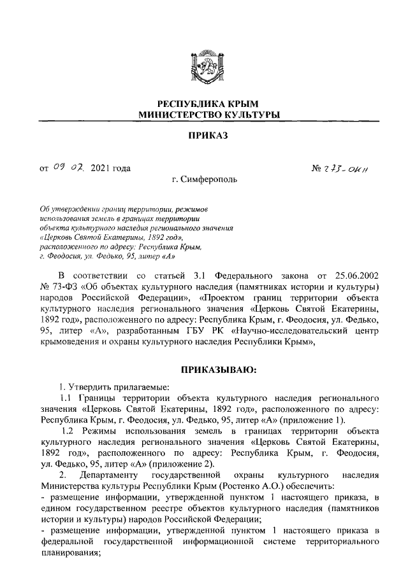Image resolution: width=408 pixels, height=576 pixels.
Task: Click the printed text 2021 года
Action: tap(111, 168)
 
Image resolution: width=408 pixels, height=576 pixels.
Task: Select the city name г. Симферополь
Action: tap(204, 180)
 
